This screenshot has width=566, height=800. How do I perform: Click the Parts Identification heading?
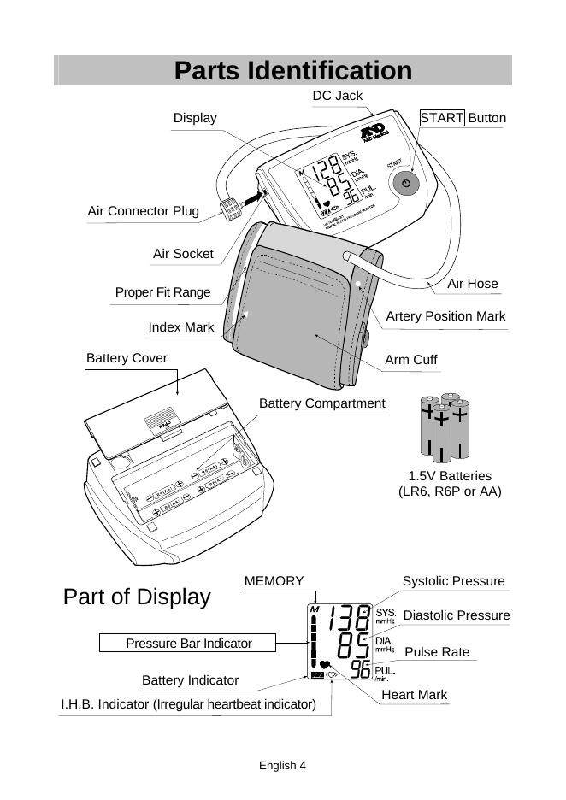pos(292,70)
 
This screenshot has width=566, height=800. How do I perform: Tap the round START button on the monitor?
pos(406,183)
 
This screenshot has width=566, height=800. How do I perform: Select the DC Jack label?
pos(337,96)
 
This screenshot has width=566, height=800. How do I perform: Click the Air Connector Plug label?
pos(143,210)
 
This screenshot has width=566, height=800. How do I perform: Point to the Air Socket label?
pos(183,254)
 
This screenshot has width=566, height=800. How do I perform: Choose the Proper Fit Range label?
pos(162,292)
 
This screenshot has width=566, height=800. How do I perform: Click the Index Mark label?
pos(180,327)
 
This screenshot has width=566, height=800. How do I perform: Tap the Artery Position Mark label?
pos(445,316)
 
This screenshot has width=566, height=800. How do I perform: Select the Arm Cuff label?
pos(410,360)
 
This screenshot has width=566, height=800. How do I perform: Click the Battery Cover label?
pos(127,357)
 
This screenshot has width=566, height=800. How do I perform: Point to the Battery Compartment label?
pos(321,403)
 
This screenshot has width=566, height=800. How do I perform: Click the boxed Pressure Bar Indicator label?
pos(189,644)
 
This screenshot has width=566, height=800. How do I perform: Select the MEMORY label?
pos(274,581)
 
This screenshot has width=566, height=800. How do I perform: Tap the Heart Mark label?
pos(414,695)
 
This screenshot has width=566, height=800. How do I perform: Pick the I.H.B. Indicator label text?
pos(188,704)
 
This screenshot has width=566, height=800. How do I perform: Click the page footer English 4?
pos(282,766)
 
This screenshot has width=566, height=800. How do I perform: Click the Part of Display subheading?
pos(137,597)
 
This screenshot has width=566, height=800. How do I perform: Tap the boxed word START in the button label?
pos(441,118)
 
